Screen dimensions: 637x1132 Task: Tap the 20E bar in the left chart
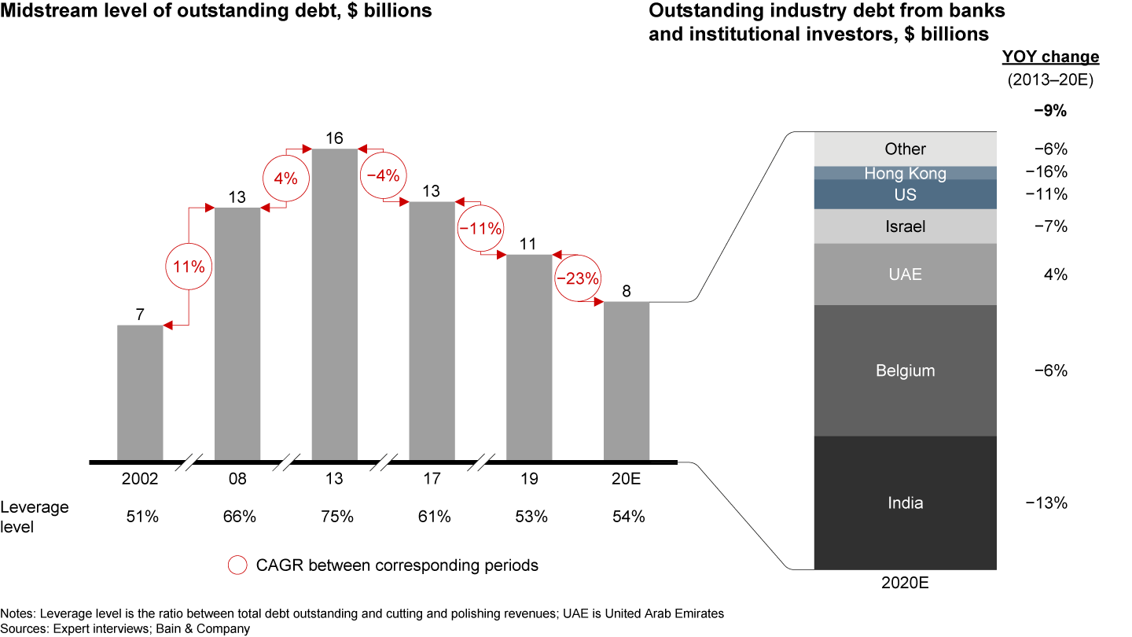tap(627, 381)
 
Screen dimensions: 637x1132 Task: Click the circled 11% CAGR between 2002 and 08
tap(189, 267)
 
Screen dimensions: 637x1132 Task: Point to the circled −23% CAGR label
tap(578, 278)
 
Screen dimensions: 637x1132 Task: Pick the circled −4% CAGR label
tap(383, 175)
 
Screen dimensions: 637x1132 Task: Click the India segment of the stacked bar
tap(905, 503)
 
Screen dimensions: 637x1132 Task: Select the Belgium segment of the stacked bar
tap(905, 370)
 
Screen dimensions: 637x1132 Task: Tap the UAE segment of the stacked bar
tap(905, 274)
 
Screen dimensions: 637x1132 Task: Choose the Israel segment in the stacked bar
tap(905, 226)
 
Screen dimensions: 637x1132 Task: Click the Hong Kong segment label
tap(905, 173)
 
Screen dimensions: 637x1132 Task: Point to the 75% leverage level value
tap(334, 517)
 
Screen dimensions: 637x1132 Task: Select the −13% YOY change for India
tap(1046, 503)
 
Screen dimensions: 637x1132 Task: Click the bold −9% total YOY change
tap(1049, 111)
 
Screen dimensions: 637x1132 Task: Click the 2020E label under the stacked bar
tap(905, 584)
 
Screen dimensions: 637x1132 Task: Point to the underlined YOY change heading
tap(1050, 57)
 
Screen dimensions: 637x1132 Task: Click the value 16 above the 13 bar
tap(334, 138)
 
